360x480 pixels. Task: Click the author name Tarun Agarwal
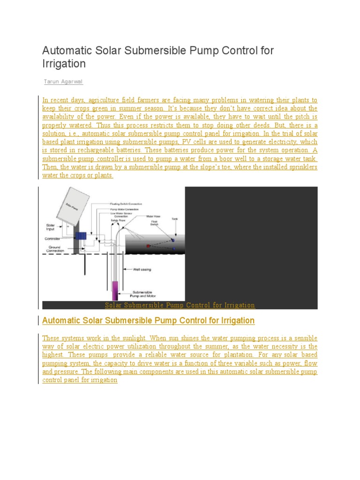click(63, 82)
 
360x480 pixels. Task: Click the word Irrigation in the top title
click(64, 63)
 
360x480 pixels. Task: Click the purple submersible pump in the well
click(114, 291)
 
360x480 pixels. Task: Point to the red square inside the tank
click(148, 246)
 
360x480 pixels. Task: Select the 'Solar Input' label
click(51, 226)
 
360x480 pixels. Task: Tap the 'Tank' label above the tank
click(175, 218)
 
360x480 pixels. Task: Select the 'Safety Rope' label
click(118, 220)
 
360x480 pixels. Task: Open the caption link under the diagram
click(180, 305)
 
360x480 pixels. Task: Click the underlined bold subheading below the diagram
click(148, 321)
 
